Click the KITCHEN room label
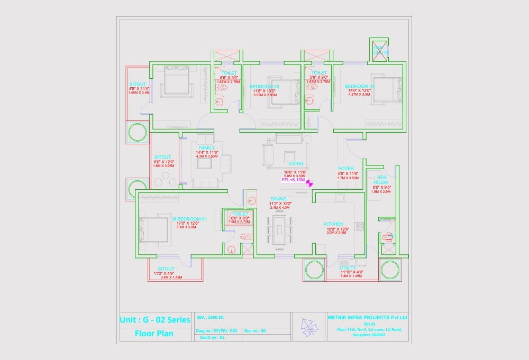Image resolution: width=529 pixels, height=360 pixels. pos(334,224)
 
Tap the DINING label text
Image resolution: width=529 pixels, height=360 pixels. pos(278,199)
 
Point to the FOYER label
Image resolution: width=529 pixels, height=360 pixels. pos(346,169)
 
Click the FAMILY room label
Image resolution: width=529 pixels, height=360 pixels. pos(206,147)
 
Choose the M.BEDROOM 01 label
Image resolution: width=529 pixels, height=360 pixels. pos(189,219)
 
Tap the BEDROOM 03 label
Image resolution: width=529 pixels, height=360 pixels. pos(264,86)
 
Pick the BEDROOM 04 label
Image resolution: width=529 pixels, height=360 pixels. pos(360,86)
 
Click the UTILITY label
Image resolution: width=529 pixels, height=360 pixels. pos(348,268)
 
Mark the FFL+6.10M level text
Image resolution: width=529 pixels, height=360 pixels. pos(293,180)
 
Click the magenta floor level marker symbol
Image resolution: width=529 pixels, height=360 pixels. pos(310,182)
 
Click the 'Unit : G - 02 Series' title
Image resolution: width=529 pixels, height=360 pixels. pos(154,320)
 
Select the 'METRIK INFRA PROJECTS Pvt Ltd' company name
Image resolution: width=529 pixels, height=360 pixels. pos(368,317)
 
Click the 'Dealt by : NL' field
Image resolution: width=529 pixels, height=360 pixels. pos(208,337)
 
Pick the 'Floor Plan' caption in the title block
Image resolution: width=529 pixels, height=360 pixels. pos(154,334)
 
